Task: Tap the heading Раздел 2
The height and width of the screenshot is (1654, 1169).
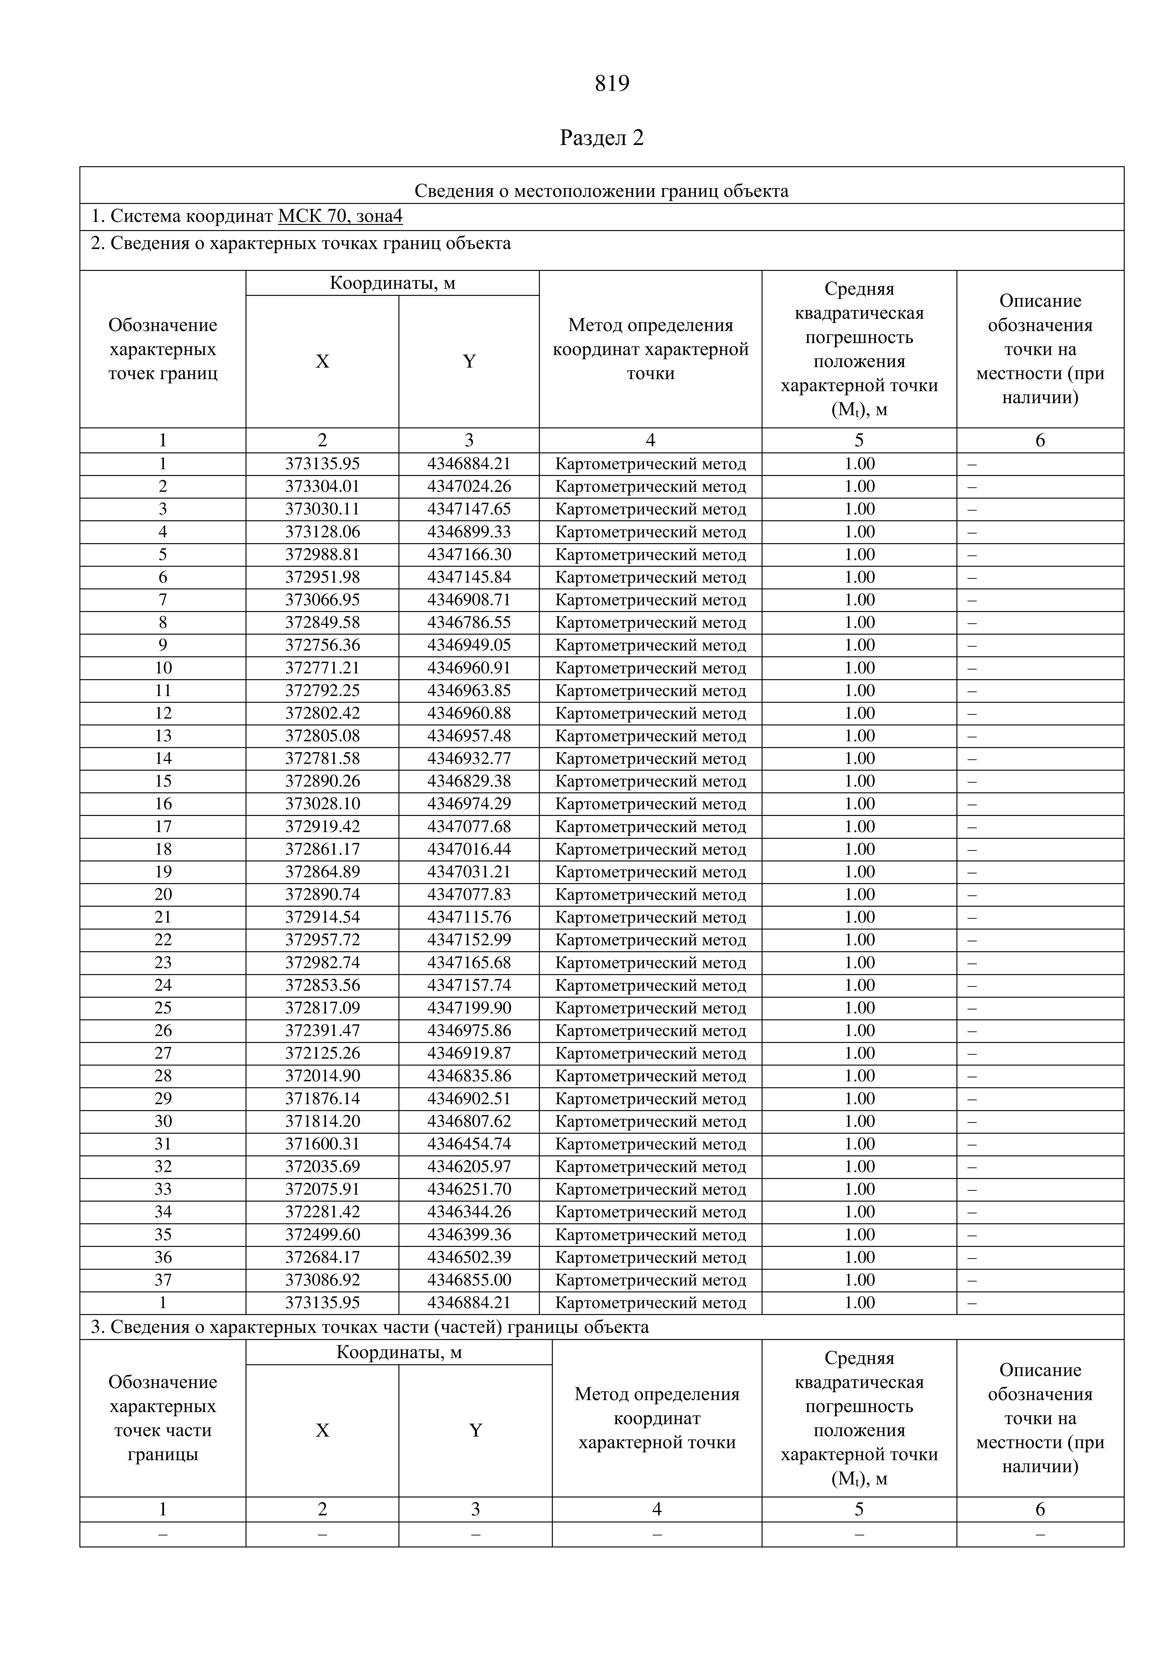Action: coord(601,138)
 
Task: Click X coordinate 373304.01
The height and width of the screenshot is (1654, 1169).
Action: coord(322,486)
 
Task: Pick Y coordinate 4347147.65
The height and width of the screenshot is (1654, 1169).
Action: coord(469,509)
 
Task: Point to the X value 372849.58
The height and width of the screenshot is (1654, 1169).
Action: coord(322,622)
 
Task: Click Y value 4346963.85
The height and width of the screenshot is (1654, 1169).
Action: coord(469,690)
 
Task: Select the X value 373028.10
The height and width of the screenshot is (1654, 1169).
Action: coord(322,803)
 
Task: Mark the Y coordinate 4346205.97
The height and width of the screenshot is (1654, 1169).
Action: coord(469,1166)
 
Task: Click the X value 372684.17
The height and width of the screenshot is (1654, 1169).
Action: coord(322,1257)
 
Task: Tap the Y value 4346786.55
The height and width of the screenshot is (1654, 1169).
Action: coord(469,622)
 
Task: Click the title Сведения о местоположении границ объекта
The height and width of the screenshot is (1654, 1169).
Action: coord(601,191)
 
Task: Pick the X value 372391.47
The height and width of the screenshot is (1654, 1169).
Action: coord(322,1030)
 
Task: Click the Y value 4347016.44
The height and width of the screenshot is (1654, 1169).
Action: coord(469,849)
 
